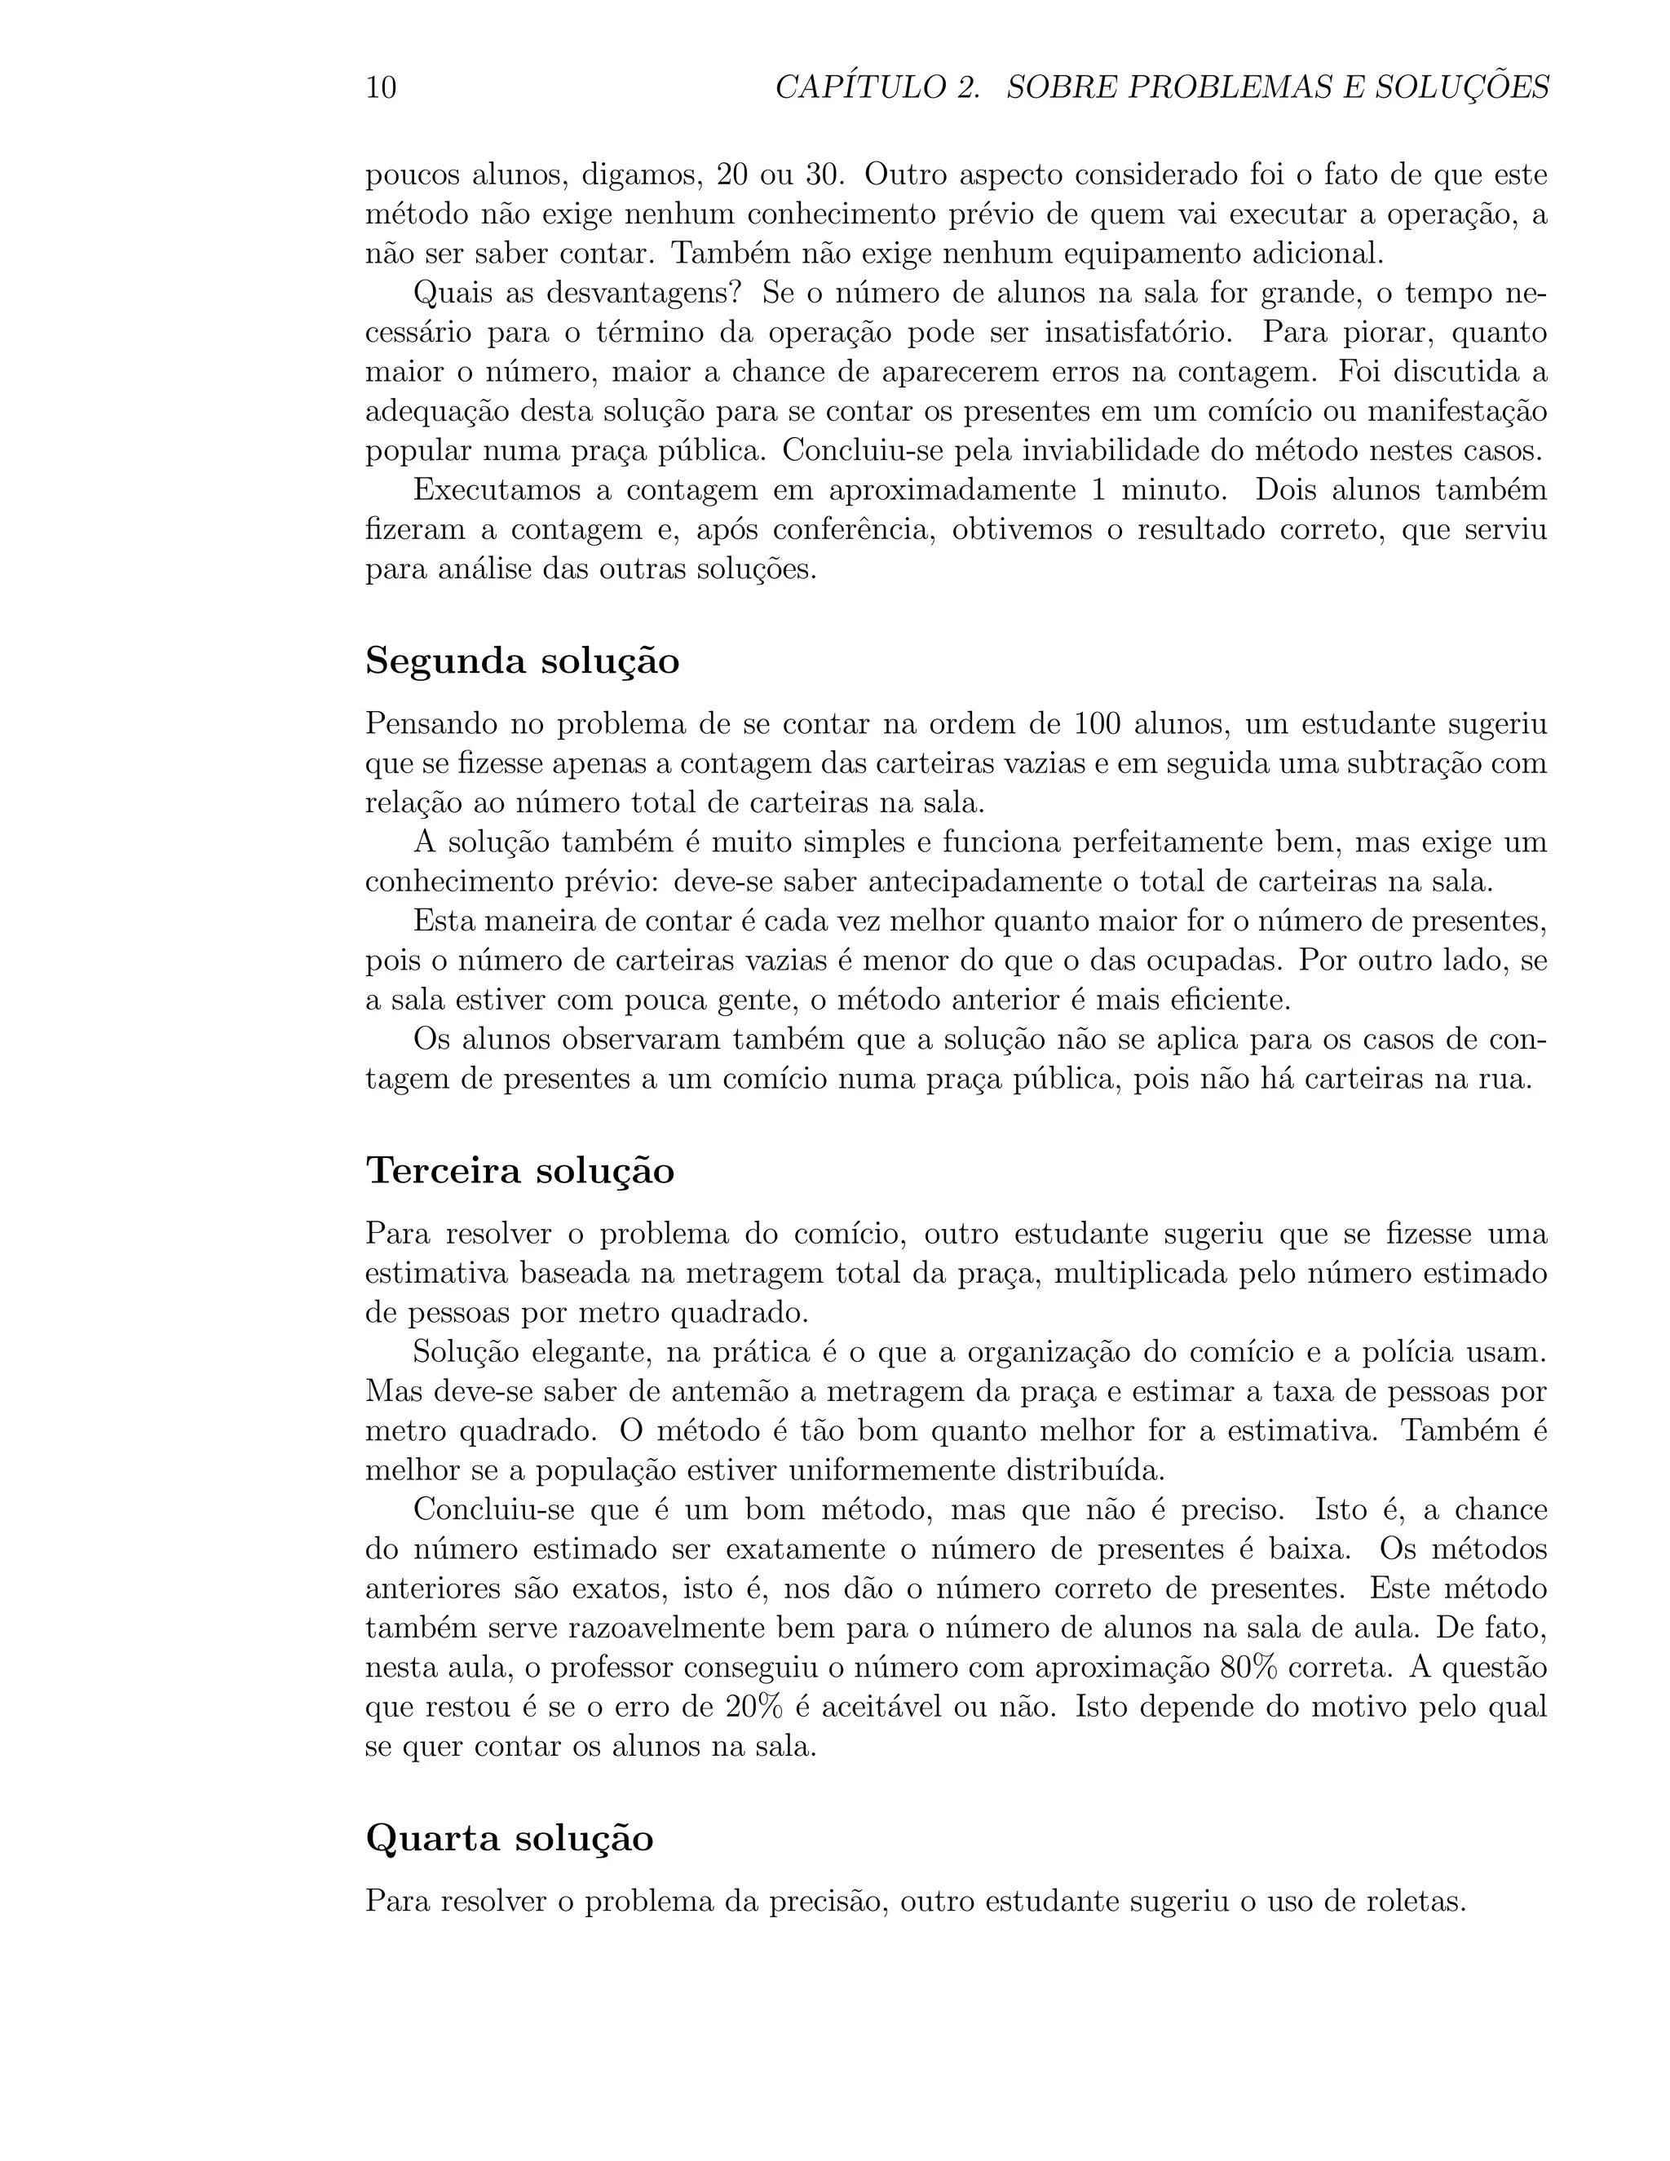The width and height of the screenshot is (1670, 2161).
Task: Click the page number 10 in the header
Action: (x=381, y=88)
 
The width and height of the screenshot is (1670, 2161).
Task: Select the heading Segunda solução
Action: (x=523, y=661)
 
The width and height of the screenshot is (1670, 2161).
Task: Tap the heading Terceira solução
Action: (x=520, y=1170)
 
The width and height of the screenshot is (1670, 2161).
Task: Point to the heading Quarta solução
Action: (x=510, y=1838)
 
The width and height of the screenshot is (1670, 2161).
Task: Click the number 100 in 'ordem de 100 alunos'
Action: (x=1096, y=724)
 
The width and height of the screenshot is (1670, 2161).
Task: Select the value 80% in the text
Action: (x=1248, y=1668)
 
